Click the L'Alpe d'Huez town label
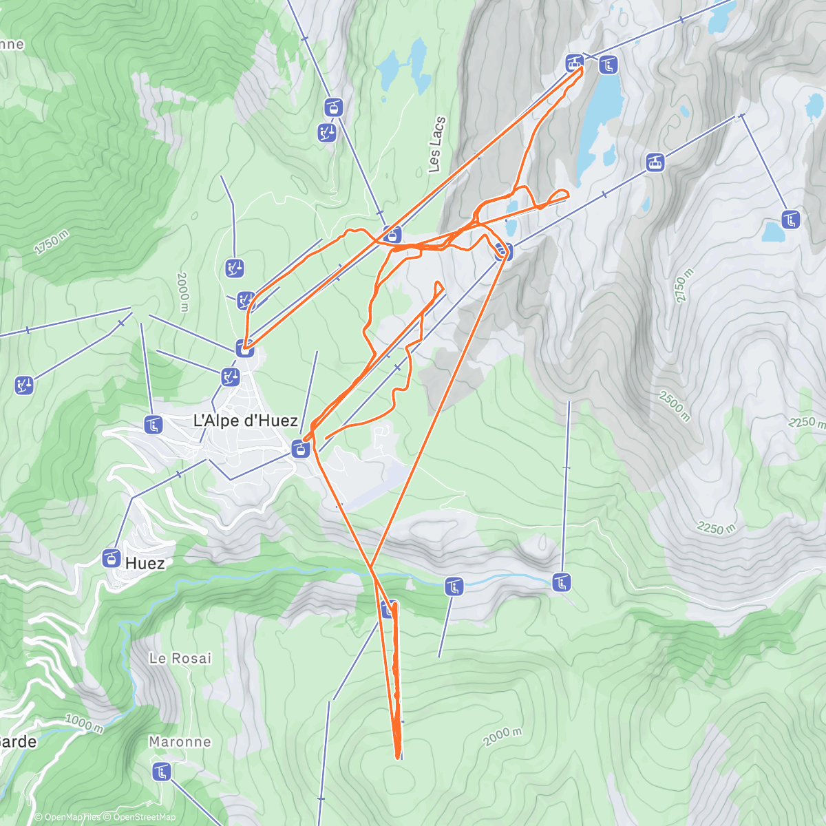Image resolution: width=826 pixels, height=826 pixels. [245, 421]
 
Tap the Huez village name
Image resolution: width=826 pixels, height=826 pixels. [145, 563]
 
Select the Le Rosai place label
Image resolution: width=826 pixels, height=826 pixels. [180, 658]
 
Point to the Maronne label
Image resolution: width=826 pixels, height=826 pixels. [180, 741]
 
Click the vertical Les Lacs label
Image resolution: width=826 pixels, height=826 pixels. [436, 145]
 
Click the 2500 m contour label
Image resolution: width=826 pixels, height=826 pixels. [674, 405]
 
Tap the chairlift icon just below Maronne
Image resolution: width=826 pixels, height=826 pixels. [161, 772]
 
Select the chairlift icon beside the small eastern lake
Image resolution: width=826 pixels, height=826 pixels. [791, 220]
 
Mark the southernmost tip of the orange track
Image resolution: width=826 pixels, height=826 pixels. [398, 758]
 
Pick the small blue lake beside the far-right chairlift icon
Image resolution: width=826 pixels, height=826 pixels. [772, 232]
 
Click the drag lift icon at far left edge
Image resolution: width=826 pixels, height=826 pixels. [24, 385]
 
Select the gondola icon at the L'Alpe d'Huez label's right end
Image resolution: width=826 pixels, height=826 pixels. [299, 450]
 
